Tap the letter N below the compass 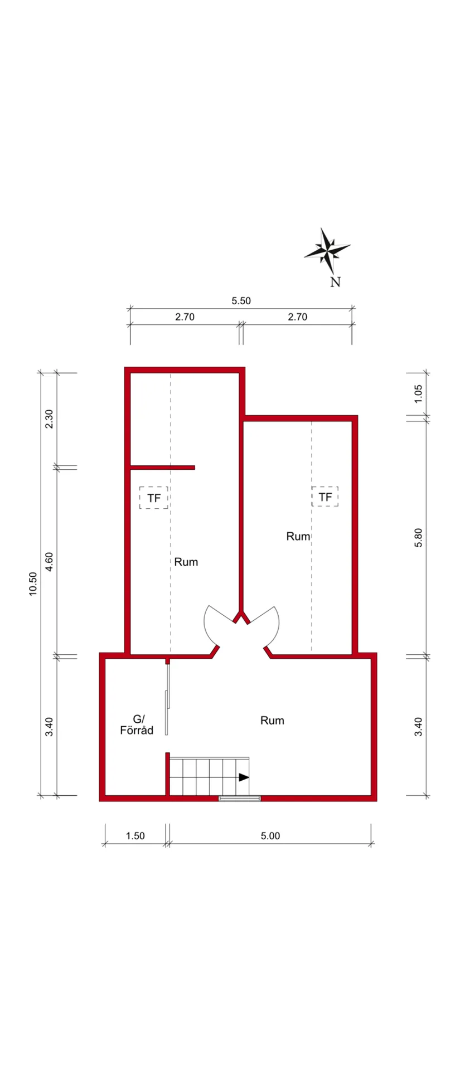[x=335, y=282]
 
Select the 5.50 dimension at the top [x=241, y=301]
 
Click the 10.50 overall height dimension [x=33, y=583]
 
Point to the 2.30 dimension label [x=49, y=419]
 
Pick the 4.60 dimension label [x=49, y=561]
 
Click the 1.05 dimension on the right [x=419, y=393]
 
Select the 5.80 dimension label [x=419, y=537]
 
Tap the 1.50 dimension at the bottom [x=135, y=836]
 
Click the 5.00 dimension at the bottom [x=270, y=836]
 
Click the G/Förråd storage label [x=137, y=724]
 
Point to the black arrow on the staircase [x=244, y=777]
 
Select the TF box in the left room [x=153, y=497]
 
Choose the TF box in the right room [x=325, y=496]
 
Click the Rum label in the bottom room [x=272, y=721]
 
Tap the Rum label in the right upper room [x=298, y=536]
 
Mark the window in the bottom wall [x=240, y=799]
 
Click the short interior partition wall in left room [x=162, y=467]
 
